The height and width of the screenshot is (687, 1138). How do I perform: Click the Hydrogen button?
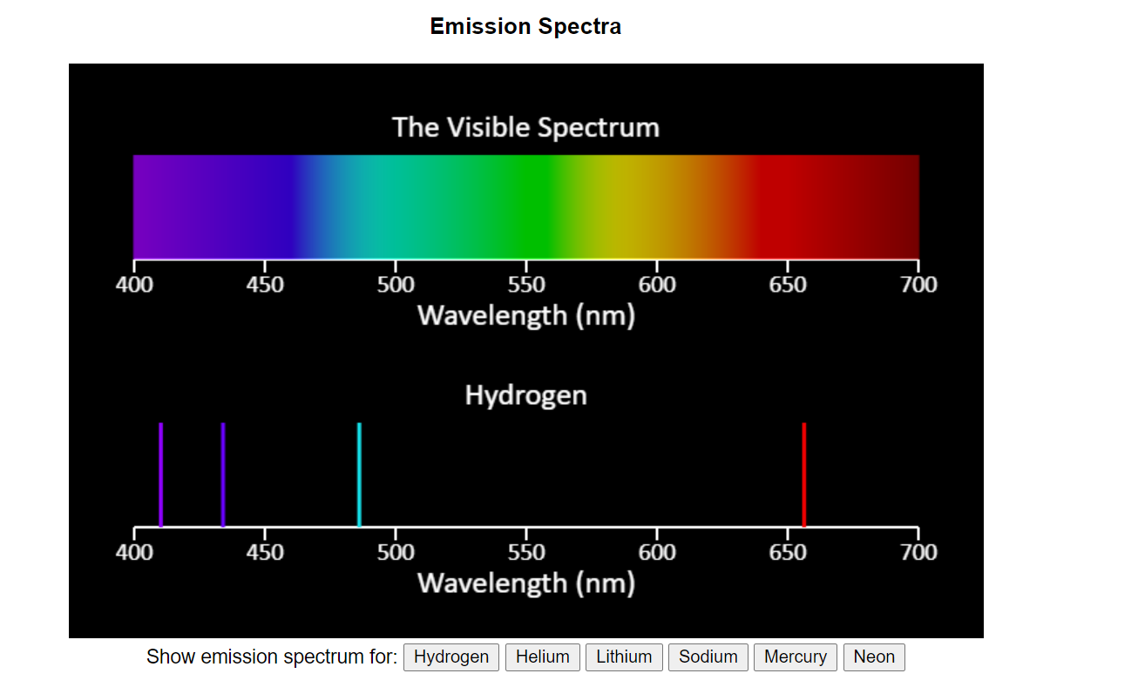[451, 657]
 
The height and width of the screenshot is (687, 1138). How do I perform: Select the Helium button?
[542, 657]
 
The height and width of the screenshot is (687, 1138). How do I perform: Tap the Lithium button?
[624, 657]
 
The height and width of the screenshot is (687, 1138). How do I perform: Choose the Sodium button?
[708, 657]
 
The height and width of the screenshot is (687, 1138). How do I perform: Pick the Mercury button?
[795, 657]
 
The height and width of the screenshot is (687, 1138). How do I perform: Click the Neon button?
[874, 657]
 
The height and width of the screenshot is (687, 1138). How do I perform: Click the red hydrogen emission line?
[803, 475]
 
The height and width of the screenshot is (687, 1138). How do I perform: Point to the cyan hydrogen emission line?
[359, 475]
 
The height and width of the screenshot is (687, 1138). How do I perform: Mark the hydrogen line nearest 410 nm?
[161, 475]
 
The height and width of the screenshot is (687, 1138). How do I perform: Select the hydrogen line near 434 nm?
[223, 475]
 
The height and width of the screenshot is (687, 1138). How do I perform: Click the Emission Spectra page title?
[525, 27]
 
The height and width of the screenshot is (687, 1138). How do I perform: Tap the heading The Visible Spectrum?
[525, 127]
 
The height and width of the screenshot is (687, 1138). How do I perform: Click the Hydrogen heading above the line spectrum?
[525, 395]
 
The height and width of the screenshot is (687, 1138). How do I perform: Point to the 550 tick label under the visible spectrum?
[525, 285]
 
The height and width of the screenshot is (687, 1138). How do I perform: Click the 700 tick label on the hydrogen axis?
[918, 552]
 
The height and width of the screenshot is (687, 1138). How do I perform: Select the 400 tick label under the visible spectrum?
[134, 285]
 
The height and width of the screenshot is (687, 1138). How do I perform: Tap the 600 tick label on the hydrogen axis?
[656, 552]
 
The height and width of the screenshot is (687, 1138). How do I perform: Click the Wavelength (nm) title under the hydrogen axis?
[525, 583]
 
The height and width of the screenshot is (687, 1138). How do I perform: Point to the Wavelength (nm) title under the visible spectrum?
[525, 314]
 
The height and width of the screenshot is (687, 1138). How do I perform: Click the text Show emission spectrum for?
[271, 657]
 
